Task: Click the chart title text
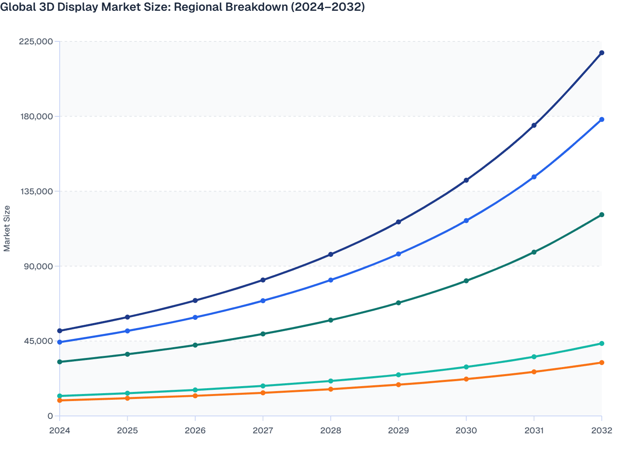tap(183, 7)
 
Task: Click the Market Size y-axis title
tap(7, 228)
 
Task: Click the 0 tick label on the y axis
tap(50, 416)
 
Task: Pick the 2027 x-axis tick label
tap(263, 430)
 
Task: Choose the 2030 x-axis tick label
tap(466, 430)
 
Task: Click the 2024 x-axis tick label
tap(60, 430)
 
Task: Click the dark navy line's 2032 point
tap(602, 53)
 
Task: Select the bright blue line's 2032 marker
tap(602, 120)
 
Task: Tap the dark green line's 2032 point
tap(602, 215)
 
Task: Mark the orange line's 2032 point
tap(602, 362)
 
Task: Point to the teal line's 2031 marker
tap(534, 357)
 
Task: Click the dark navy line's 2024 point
tap(60, 331)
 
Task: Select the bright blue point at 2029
tap(398, 254)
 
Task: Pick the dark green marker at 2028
tap(331, 320)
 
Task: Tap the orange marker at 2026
tap(195, 396)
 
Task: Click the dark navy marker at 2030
tap(466, 180)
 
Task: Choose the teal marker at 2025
tap(127, 393)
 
